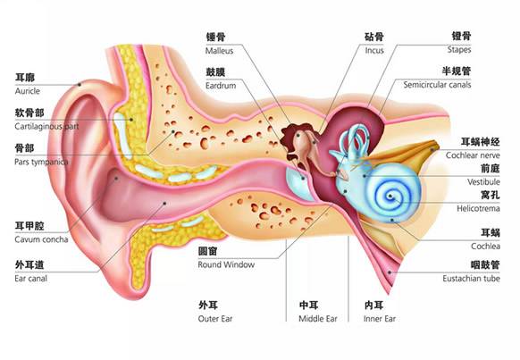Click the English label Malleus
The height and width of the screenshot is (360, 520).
click(x=219, y=51)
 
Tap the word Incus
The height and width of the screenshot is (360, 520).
click(x=374, y=50)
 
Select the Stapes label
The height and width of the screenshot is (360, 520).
click(x=459, y=50)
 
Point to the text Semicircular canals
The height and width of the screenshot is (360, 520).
click(x=437, y=85)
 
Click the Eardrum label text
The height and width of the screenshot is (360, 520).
click(x=221, y=86)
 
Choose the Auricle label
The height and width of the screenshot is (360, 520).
click(x=27, y=91)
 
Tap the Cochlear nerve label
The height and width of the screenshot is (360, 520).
click(x=473, y=155)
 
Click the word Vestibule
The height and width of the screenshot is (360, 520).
click(x=483, y=181)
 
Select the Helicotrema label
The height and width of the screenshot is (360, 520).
click(x=478, y=208)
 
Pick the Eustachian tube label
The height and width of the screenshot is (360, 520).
click(x=471, y=279)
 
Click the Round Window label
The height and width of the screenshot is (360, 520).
click(x=226, y=264)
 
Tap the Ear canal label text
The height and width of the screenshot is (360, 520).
click(x=31, y=279)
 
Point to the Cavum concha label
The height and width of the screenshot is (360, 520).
click(x=41, y=239)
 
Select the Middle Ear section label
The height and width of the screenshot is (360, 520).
click(x=318, y=319)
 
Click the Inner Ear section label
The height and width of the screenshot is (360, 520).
click(x=380, y=319)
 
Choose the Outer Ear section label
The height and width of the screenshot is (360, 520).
click(x=215, y=319)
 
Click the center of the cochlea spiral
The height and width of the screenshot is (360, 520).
click(x=390, y=197)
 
